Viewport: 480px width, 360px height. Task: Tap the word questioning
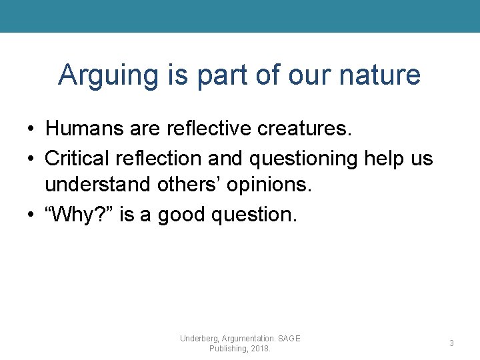pyautogui.click(x=304, y=159)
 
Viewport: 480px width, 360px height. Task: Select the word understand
pyautogui.click(x=98, y=184)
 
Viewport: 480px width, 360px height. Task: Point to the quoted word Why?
pyautogui.click(x=79, y=214)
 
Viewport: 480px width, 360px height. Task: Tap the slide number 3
pyautogui.click(x=451, y=343)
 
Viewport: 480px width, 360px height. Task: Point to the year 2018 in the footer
pyautogui.click(x=259, y=349)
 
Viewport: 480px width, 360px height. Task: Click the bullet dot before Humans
pyautogui.click(x=31, y=128)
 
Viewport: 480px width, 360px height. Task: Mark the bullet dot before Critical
pyautogui.click(x=31, y=159)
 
